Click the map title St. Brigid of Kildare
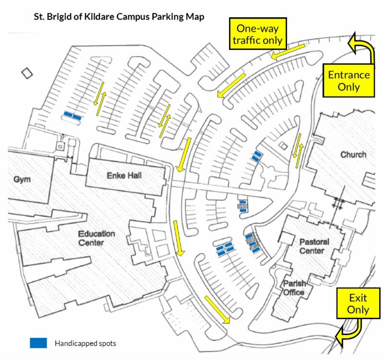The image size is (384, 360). pyautogui.click(x=118, y=17)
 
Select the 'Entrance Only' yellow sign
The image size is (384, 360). pyautogui.click(x=348, y=80)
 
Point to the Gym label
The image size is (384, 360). pyautogui.click(x=22, y=180)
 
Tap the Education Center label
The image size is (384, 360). pyautogui.click(x=96, y=238)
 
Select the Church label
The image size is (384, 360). pyautogui.click(x=353, y=155)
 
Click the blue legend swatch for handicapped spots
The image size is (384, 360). pyautogui.click(x=38, y=343)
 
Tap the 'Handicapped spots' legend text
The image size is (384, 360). pyautogui.click(x=85, y=343)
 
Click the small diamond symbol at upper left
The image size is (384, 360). pyautogui.click(x=27, y=73)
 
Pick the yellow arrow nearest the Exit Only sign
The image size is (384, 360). pyautogui.click(x=217, y=309)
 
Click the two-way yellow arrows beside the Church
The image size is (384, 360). pyautogui.click(x=298, y=150)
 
